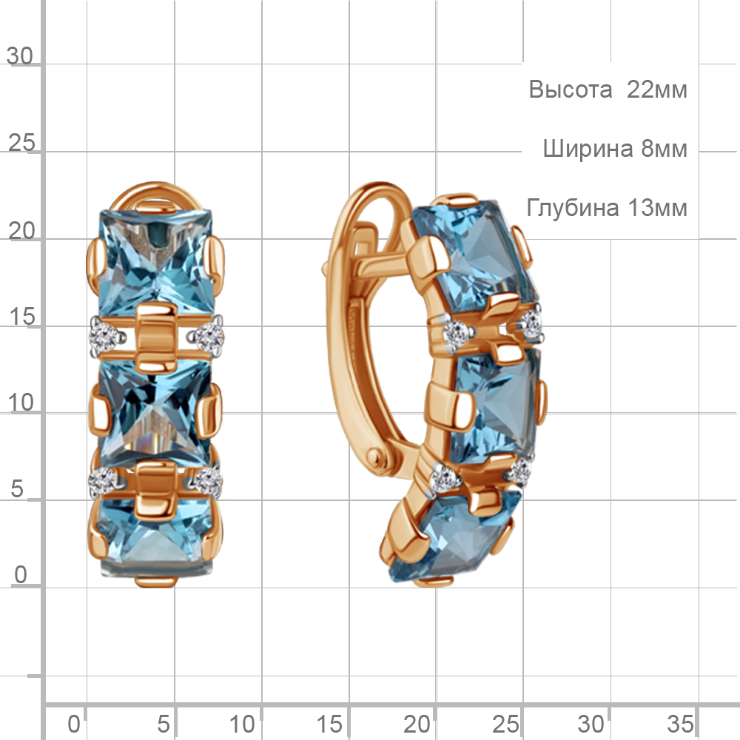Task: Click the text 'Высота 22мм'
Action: (608, 90)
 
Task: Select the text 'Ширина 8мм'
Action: (615, 149)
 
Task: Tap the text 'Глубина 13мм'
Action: (607, 208)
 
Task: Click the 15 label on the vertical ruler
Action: (21, 317)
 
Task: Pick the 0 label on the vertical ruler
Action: (20, 575)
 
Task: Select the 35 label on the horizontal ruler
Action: (680, 724)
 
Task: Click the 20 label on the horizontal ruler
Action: (417, 724)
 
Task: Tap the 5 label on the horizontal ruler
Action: (164, 724)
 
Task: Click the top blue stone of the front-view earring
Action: (155, 262)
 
